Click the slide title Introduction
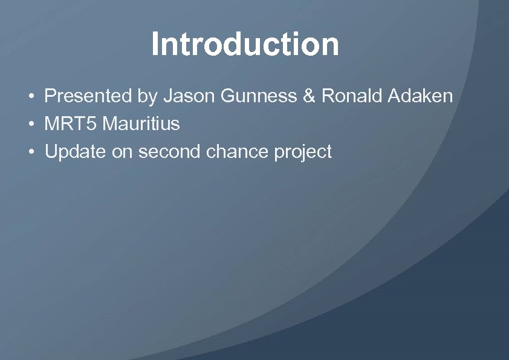pyautogui.click(x=245, y=44)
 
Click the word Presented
pyautogui.click(x=88, y=96)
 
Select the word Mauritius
pyautogui.click(x=141, y=124)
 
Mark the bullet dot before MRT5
pyautogui.click(x=30, y=125)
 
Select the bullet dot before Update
pyautogui.click(x=30, y=152)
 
